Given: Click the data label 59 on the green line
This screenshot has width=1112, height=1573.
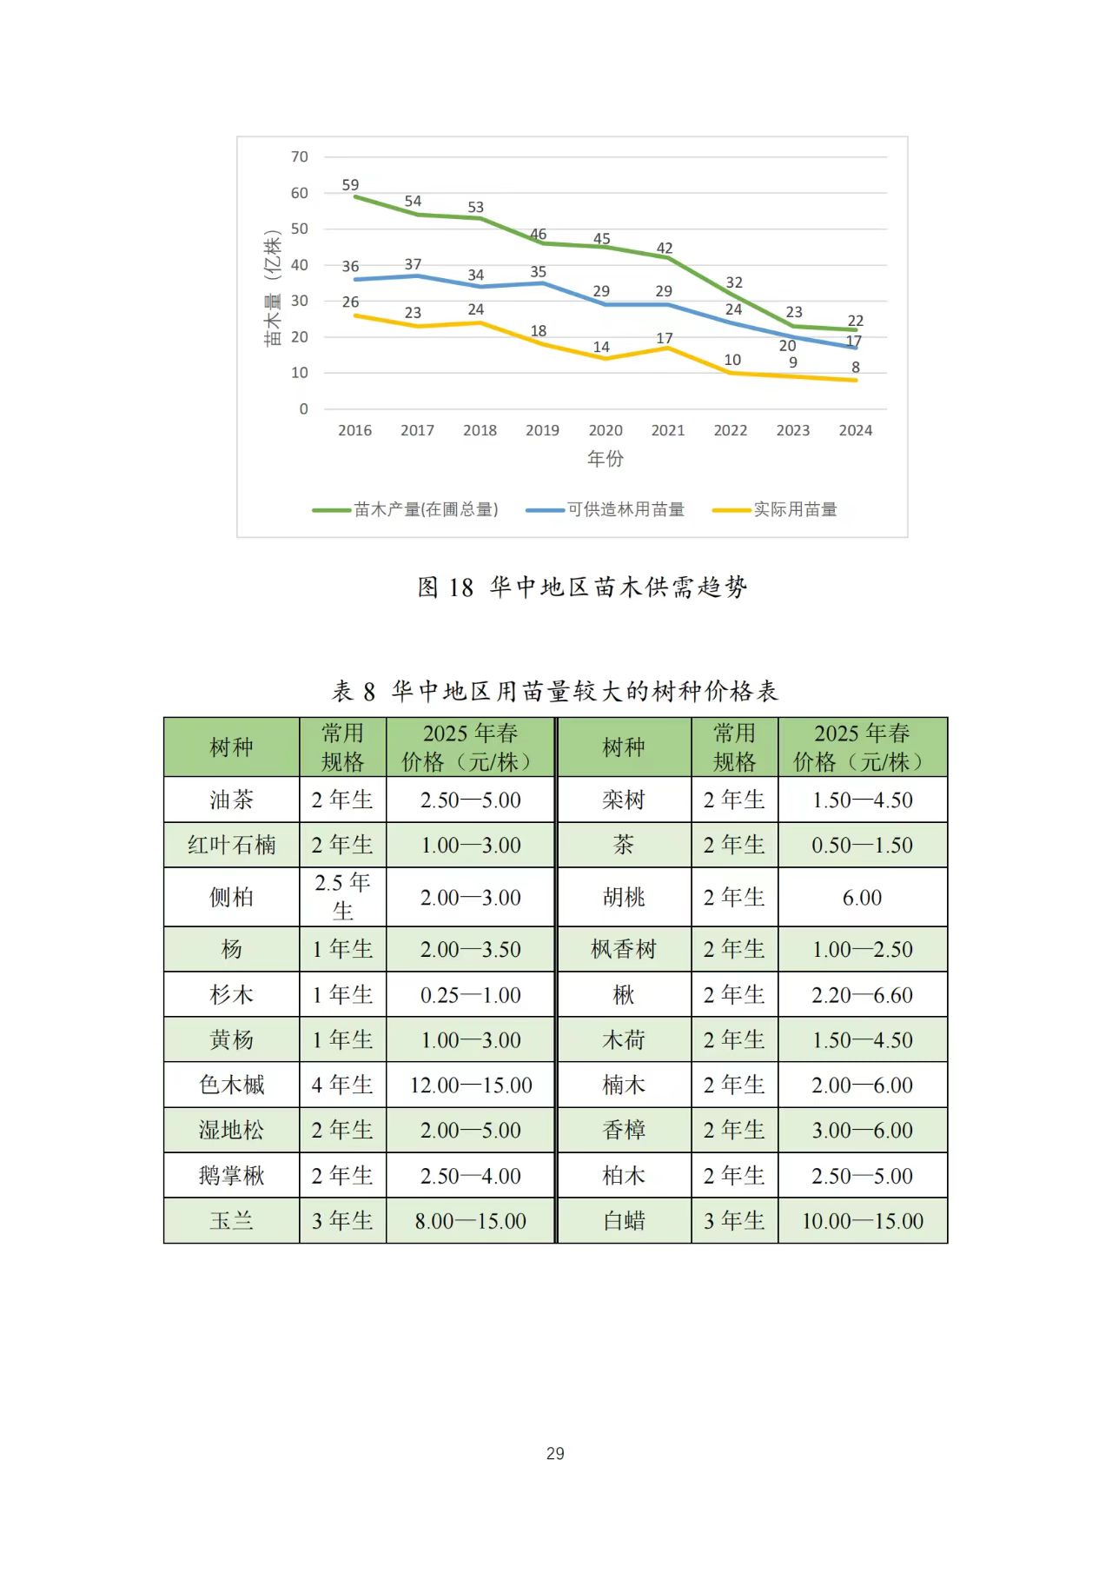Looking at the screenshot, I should point(350,185).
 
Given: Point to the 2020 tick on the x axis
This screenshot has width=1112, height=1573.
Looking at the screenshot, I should point(606,430).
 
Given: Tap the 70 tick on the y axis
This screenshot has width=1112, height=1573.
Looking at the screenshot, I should point(300,157).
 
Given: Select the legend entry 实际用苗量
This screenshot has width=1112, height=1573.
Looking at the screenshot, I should point(795,510).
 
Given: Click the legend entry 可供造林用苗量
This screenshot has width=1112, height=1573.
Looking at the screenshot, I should point(625,510).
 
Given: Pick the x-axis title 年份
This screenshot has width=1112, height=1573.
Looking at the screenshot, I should point(606,458).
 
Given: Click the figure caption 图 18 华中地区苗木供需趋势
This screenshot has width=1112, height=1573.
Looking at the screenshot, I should point(582,587).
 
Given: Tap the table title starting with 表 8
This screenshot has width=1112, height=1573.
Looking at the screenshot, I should point(555,692).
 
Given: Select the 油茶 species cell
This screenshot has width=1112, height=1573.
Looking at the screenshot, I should point(231,800).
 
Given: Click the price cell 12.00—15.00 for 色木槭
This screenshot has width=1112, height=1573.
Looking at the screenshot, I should point(471,1085).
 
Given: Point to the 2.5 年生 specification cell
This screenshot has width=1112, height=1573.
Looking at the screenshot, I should point(343,897).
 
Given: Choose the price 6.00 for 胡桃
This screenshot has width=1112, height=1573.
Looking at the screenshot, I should point(862,898).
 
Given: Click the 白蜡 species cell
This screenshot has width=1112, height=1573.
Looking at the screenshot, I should point(624,1221).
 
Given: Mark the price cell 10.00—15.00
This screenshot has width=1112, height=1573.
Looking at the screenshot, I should point(862,1221).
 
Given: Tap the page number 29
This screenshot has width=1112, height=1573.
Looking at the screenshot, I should point(555,1453).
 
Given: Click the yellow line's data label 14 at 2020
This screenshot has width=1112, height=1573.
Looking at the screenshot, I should point(601,347).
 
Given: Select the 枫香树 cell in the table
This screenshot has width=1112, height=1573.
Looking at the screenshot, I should point(624,950).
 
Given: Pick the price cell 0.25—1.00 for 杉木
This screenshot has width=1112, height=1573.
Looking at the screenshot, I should point(471,995).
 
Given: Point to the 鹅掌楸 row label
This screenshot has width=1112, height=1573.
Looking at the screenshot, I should point(231,1176).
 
